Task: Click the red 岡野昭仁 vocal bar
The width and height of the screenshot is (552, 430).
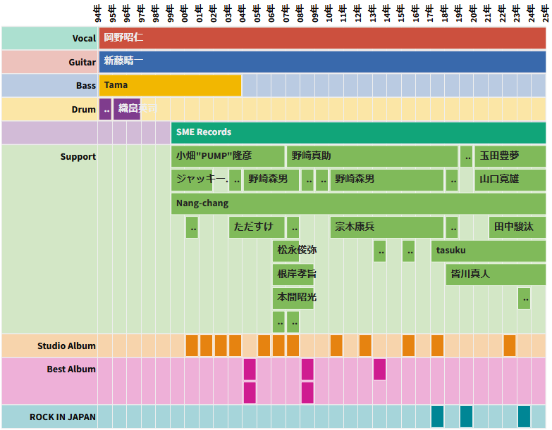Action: click(322, 38)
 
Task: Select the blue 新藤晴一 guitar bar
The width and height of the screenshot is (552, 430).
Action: click(322, 62)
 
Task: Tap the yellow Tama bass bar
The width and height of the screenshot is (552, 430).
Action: click(170, 85)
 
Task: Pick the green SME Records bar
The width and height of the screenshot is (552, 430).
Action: click(358, 132)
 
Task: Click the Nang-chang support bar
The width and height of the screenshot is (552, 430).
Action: click(358, 203)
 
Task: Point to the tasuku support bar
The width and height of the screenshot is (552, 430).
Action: click(488, 251)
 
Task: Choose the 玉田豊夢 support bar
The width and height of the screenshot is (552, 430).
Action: click(510, 156)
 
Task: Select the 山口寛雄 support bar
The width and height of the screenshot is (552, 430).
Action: click(510, 179)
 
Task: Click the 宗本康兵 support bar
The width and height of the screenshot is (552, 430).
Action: click(386, 227)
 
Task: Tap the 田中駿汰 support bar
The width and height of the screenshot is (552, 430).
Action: click(517, 227)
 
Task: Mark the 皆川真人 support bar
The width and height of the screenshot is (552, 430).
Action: click(495, 274)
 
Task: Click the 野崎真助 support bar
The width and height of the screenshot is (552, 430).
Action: click(372, 156)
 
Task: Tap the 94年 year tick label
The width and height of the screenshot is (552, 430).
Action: click(98, 13)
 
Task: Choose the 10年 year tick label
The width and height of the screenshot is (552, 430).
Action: click(329, 13)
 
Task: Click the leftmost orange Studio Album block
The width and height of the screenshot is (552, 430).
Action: click(192, 346)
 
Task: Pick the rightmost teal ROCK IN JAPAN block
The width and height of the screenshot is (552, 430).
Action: click(524, 417)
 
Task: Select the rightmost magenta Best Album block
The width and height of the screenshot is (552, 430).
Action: click(379, 369)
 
